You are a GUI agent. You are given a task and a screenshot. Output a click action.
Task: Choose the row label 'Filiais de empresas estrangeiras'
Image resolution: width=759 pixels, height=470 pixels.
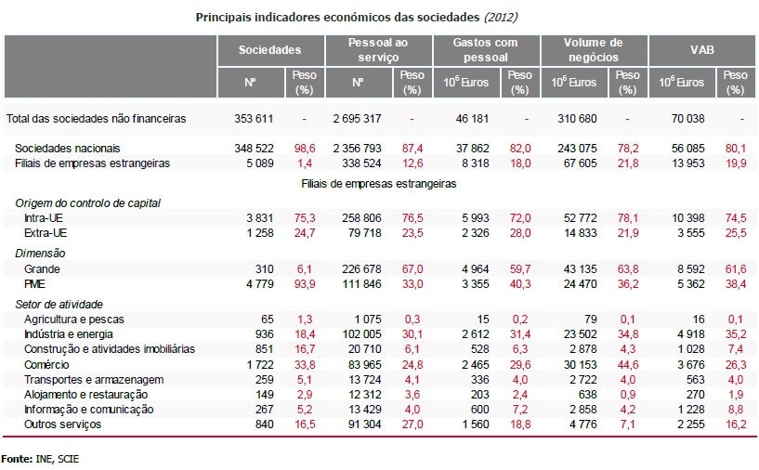[x=92, y=163]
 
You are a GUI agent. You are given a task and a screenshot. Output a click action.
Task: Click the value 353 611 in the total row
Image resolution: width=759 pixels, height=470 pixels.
[x=255, y=119]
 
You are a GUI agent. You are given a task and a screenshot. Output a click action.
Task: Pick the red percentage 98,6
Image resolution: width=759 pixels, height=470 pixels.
[x=304, y=149]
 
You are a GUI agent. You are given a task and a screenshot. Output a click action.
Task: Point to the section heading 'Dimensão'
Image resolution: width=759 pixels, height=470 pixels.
[x=40, y=253]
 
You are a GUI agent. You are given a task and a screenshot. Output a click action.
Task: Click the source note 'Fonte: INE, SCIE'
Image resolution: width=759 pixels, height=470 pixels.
[x=40, y=459]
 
